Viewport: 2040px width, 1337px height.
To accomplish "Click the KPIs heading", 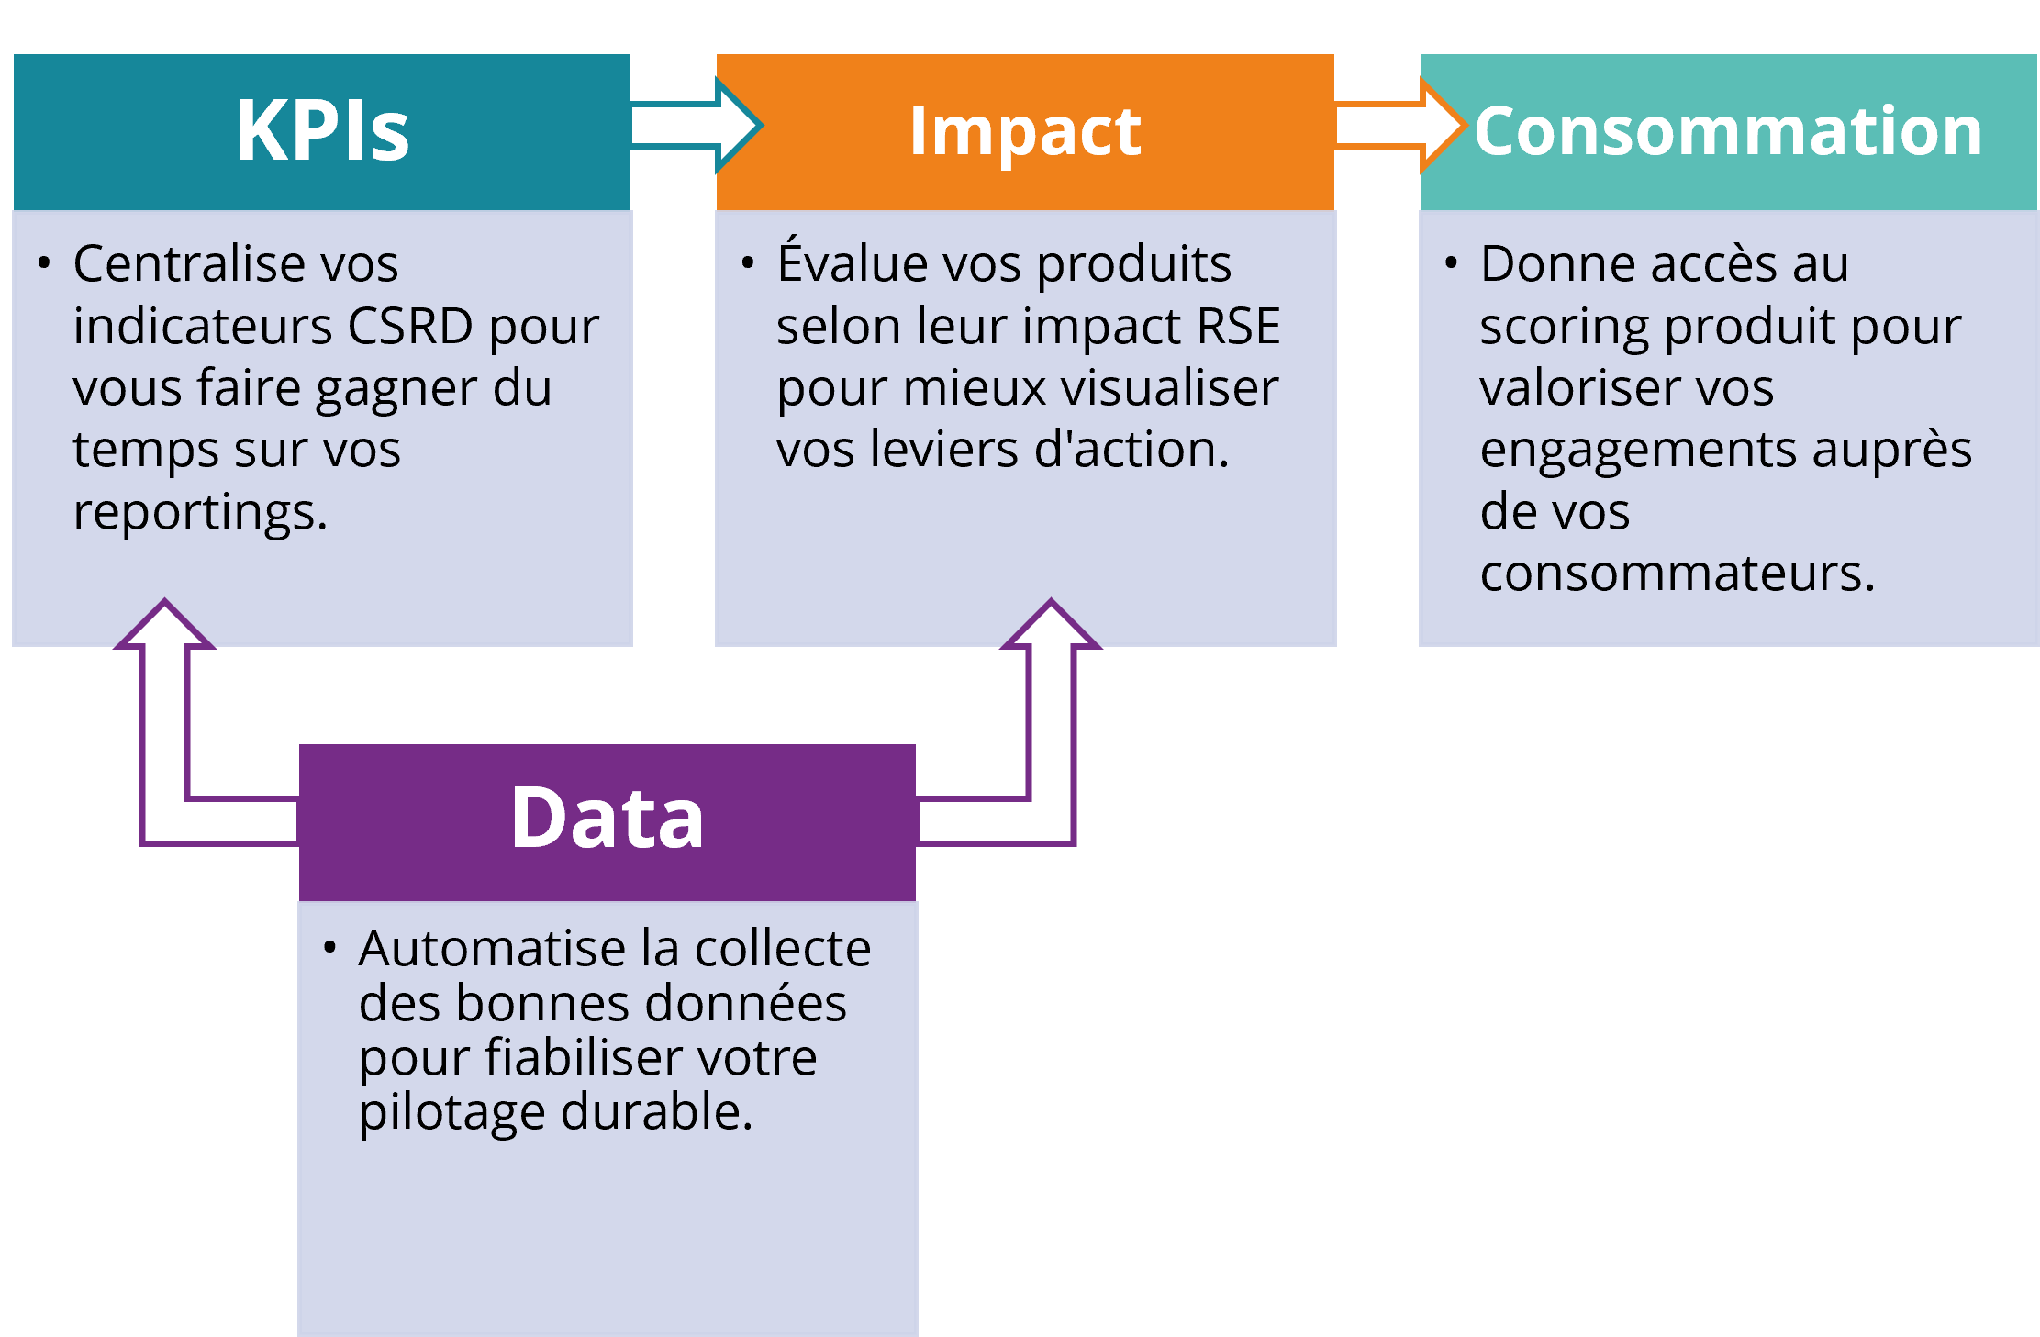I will tap(322, 131).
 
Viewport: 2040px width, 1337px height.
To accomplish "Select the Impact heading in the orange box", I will tap(1025, 131).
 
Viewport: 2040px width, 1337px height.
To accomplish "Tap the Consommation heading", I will tap(1728, 131).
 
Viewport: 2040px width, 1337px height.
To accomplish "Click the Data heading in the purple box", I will tap(607, 818).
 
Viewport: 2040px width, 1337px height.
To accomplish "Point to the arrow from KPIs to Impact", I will tap(696, 126).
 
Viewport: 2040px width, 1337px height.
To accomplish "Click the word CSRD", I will tap(410, 326).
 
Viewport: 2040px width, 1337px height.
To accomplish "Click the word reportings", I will tap(200, 512).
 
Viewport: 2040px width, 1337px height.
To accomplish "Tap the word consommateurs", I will tap(1677, 574).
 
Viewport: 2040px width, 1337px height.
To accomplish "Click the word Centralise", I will tap(188, 264).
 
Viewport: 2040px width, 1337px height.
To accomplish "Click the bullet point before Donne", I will tap(1451, 263).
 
